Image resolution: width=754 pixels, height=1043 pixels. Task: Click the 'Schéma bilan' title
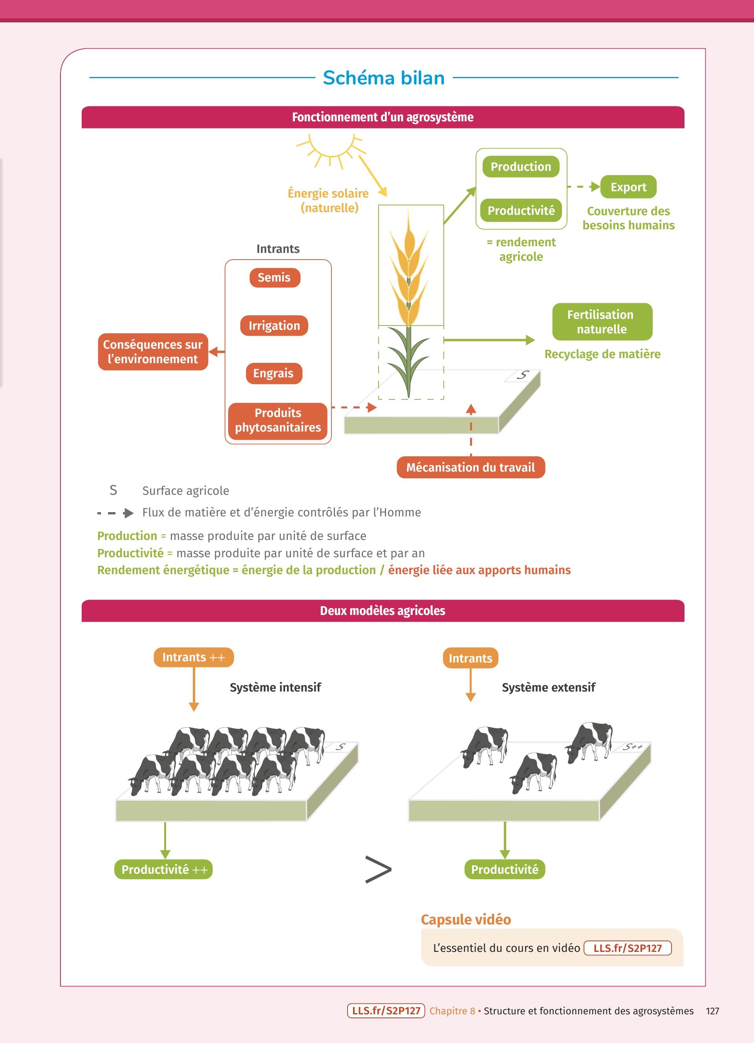(x=383, y=78)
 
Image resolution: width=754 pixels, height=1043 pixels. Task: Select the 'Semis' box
(x=275, y=278)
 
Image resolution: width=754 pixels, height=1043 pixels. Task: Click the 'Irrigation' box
(x=274, y=326)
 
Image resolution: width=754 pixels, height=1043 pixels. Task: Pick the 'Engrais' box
(x=274, y=373)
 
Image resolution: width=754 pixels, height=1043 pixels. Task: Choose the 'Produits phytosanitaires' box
(x=278, y=420)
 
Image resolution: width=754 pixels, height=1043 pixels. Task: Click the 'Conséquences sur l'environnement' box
(x=153, y=352)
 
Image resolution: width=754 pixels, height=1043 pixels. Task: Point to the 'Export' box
(x=628, y=187)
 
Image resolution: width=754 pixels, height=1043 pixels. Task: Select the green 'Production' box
(x=520, y=167)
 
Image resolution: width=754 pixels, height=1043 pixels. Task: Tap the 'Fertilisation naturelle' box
(x=602, y=322)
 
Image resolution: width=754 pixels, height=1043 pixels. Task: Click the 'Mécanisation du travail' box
(x=470, y=467)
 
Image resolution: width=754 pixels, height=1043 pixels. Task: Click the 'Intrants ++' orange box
(x=194, y=657)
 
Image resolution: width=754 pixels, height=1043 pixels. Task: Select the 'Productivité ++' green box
(x=164, y=869)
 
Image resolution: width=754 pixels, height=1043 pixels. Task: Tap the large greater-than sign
(x=378, y=869)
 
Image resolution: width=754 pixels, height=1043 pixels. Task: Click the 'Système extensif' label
(x=548, y=687)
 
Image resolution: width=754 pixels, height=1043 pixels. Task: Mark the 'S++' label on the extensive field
(x=633, y=747)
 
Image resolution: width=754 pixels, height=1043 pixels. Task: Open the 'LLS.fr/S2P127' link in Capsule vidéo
(x=627, y=948)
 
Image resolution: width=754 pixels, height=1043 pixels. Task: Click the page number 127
(x=712, y=1011)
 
